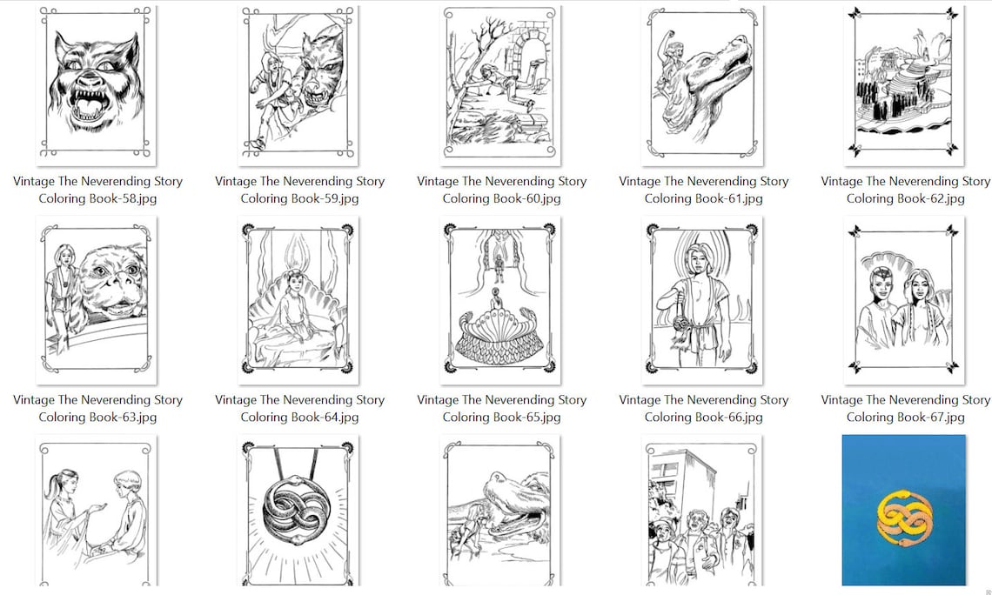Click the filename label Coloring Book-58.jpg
(97, 198)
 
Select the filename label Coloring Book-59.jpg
(299, 198)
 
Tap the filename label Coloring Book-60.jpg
(502, 198)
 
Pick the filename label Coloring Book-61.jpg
(703, 198)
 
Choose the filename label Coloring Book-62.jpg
(905, 198)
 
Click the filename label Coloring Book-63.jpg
(97, 418)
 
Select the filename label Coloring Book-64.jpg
(299, 418)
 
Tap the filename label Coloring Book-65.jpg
(502, 418)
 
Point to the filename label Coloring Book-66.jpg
(703, 418)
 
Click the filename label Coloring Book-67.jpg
(905, 418)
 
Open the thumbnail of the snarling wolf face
(97, 84)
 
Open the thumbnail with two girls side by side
(904, 300)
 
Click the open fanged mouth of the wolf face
(94, 108)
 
